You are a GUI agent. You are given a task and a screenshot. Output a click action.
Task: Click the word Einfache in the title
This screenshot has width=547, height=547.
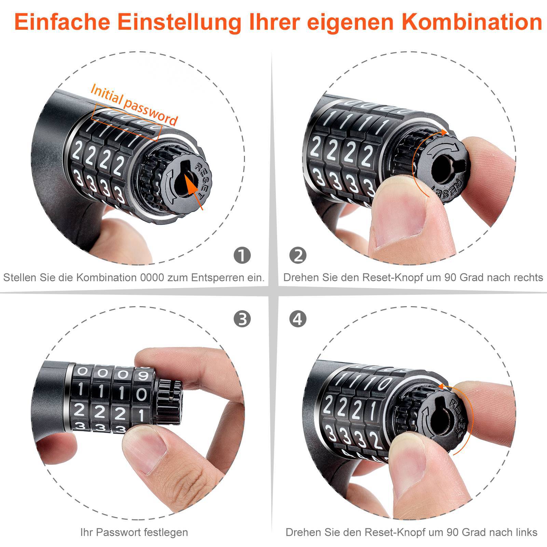[x=62, y=21]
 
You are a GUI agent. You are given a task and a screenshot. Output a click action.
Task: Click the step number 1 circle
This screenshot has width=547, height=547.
[x=242, y=255]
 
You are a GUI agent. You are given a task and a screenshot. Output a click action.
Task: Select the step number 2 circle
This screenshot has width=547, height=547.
[x=298, y=255]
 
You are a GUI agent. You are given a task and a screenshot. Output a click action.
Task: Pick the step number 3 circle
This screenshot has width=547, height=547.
[x=242, y=319]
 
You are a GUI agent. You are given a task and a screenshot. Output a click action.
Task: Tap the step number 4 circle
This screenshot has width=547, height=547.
[x=298, y=319]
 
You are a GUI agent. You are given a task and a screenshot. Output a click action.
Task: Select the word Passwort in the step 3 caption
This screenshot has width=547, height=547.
[x=114, y=532]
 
